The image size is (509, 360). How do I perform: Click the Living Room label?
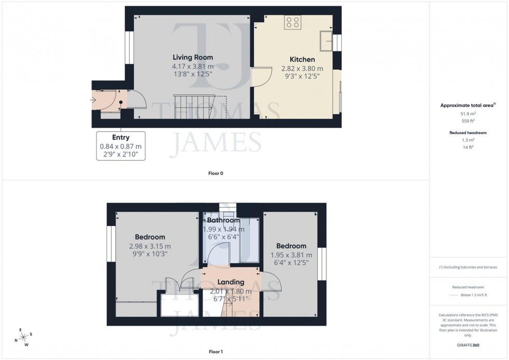[x=193, y=57]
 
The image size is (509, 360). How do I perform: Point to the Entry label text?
[x=120, y=138]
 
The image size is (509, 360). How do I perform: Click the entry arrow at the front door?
[x=94, y=99]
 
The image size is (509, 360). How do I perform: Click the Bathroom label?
[x=223, y=220]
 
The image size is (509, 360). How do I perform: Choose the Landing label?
[x=231, y=282]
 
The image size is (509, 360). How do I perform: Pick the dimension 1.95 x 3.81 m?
[x=291, y=255]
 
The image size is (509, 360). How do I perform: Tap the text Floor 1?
[x=215, y=352]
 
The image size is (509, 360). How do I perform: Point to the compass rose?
[x=23, y=338]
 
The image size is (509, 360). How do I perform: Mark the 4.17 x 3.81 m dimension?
[x=193, y=66]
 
